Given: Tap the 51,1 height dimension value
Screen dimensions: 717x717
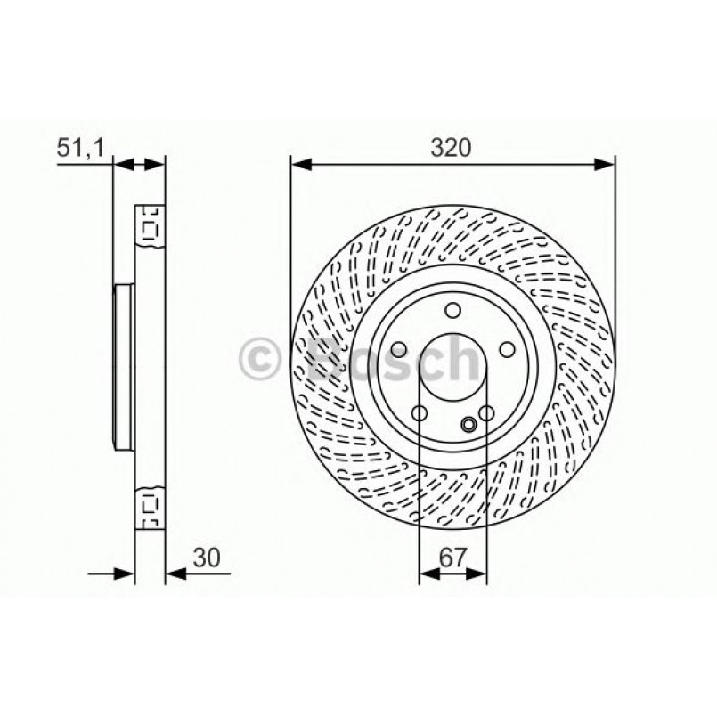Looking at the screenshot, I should pos(81,149).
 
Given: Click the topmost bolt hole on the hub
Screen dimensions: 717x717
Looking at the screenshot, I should pos(453,310).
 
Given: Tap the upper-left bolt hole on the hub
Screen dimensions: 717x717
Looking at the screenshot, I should pos(400,348).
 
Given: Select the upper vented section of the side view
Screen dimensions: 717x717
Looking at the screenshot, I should pos(149,231).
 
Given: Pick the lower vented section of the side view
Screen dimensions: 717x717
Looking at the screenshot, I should pos(149,509).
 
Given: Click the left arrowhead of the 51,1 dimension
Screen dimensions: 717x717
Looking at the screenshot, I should pos(124,164).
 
